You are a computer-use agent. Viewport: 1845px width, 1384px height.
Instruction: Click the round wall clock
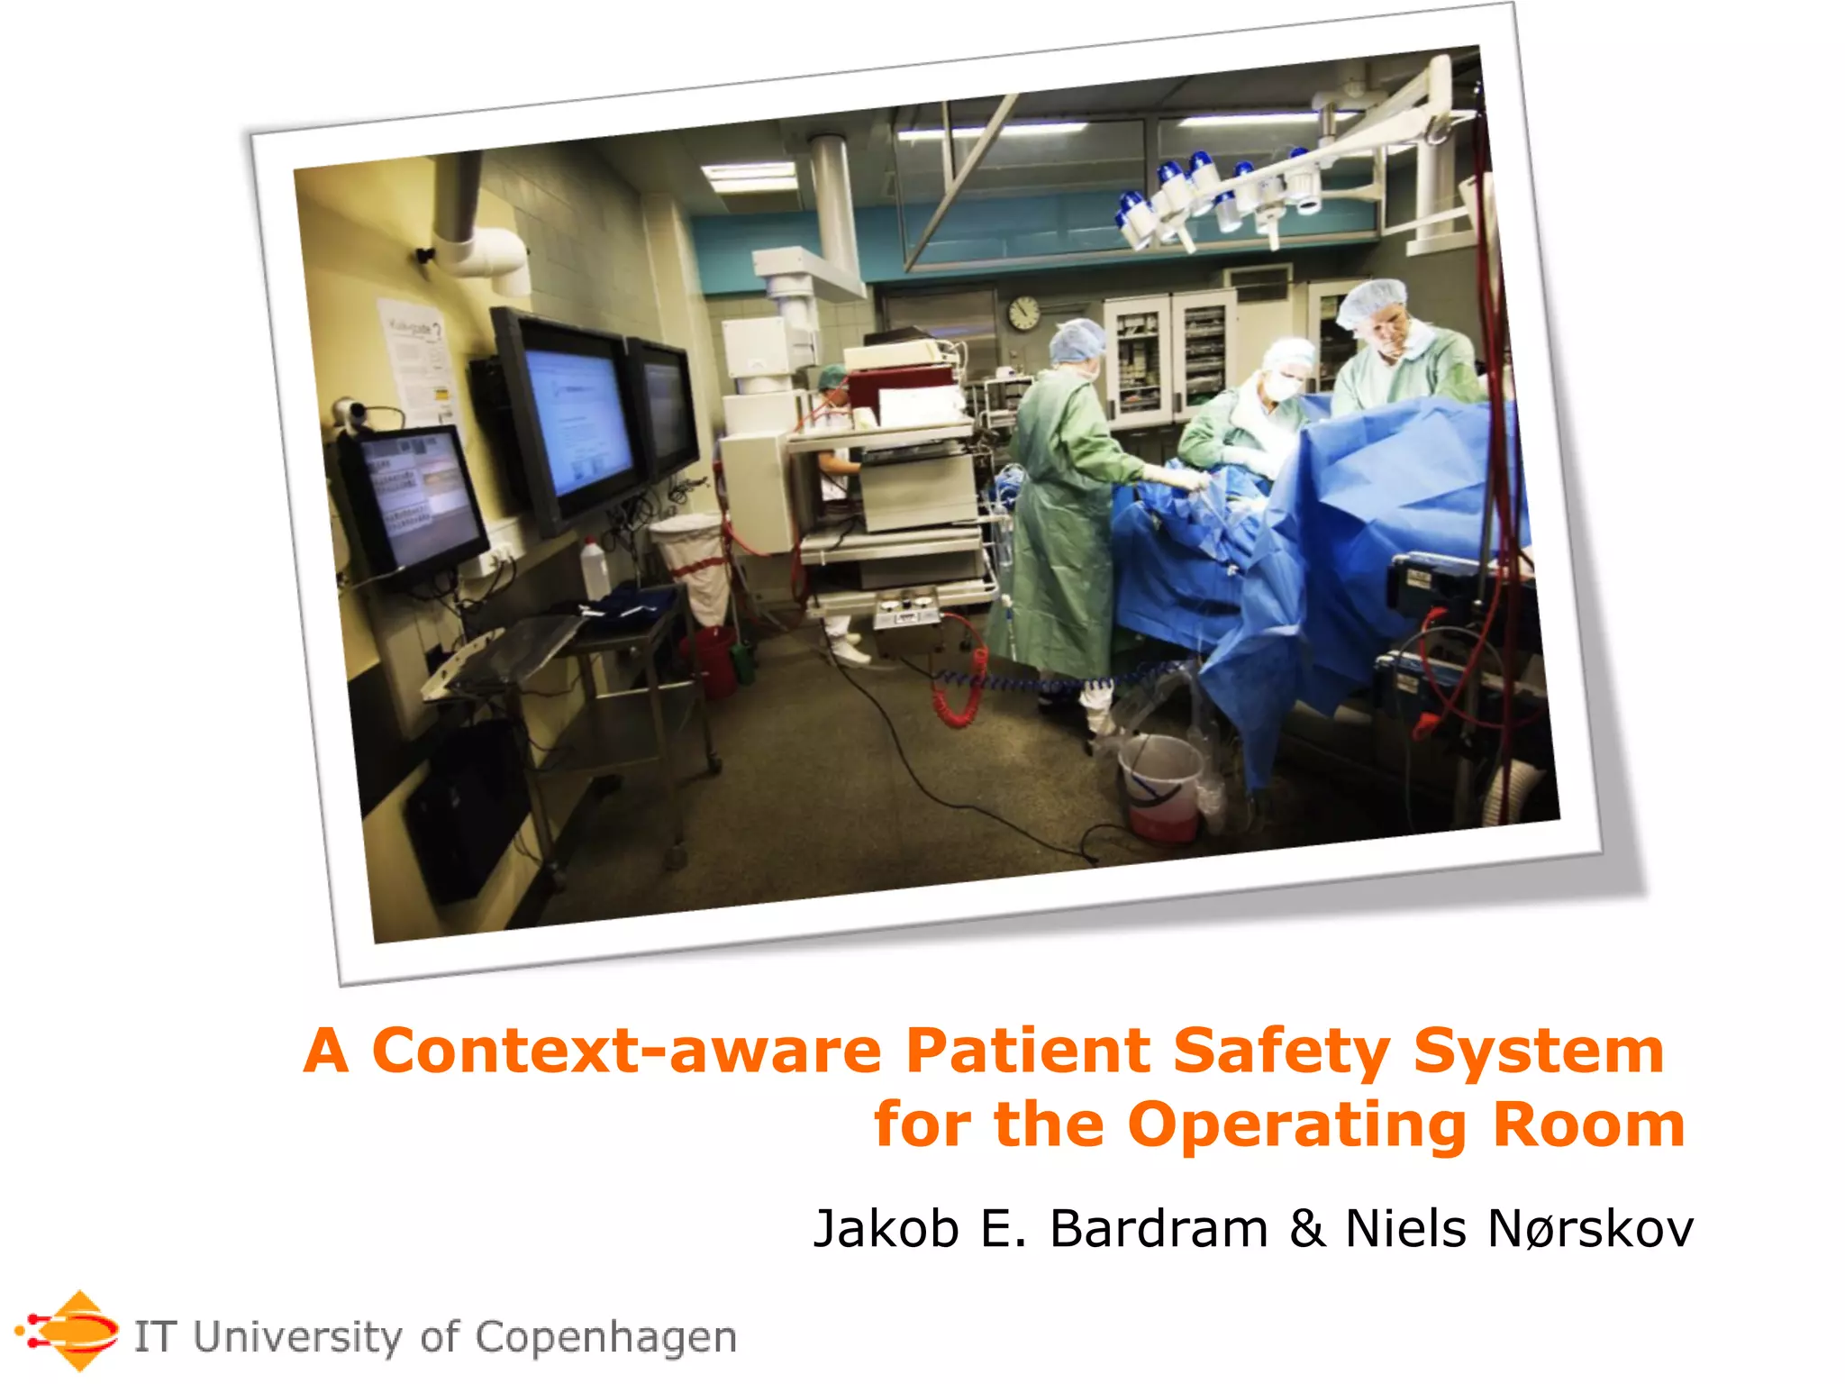pyautogui.click(x=1023, y=314)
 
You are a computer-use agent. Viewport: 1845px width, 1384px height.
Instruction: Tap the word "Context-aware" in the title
pyautogui.click(x=626, y=1052)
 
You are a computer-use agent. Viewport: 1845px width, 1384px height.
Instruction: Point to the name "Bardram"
pyautogui.click(x=1159, y=1229)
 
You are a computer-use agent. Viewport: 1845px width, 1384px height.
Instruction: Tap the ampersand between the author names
pyautogui.click(x=1307, y=1229)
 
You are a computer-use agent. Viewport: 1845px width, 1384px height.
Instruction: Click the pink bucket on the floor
pyautogui.click(x=1160, y=789)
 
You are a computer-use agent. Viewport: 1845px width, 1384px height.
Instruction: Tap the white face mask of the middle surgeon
pyautogui.click(x=1281, y=387)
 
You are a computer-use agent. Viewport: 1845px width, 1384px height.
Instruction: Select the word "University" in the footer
pyautogui.click(x=298, y=1337)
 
